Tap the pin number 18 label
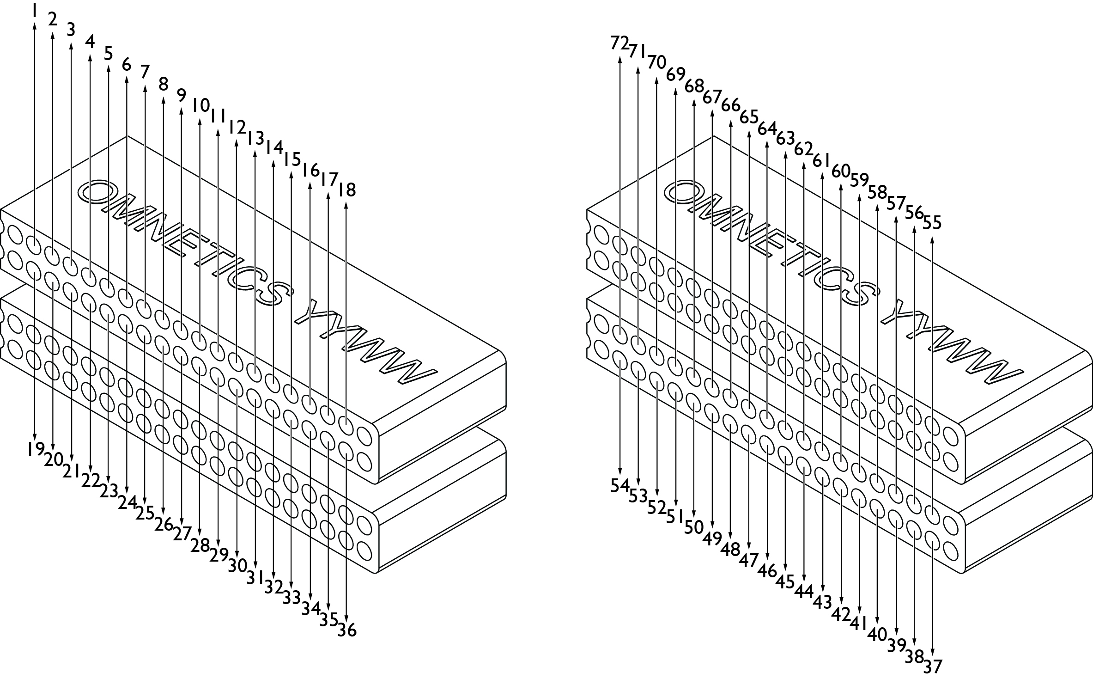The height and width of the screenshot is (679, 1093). pos(347,190)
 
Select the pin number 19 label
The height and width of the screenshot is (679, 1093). pos(36,448)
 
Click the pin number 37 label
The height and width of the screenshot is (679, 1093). pos(932,666)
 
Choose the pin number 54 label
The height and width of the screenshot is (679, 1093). pos(620,485)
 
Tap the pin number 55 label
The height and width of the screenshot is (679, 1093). pos(932,223)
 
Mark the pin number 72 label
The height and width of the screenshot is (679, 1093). pos(620,43)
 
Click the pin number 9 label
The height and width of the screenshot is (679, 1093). pos(181,95)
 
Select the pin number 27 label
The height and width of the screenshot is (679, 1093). pos(182,534)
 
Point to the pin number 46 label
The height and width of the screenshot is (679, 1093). pos(767,571)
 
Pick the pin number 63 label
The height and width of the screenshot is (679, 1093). pos(785,138)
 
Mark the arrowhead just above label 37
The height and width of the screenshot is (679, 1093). pos(932,654)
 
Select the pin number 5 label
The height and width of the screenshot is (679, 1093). pos(108,54)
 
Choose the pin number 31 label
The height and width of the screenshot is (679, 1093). pos(255,577)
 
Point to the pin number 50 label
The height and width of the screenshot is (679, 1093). pos(694,527)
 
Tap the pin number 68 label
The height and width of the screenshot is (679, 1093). pos(694,86)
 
